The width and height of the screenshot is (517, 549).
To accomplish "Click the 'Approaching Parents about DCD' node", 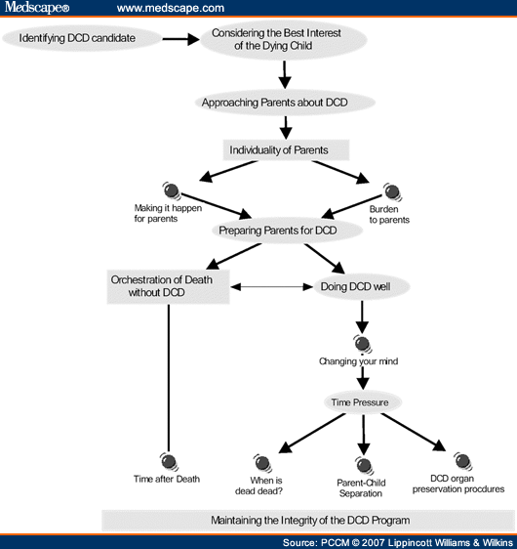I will point(286,102).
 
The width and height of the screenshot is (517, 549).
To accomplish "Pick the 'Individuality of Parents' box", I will point(286,150).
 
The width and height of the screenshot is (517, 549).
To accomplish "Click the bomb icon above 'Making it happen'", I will point(170,190).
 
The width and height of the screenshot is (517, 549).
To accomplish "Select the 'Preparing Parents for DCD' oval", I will point(279,231).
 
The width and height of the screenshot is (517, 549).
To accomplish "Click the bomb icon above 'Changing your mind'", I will point(362,343).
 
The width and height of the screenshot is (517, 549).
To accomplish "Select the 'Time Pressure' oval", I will point(363,401).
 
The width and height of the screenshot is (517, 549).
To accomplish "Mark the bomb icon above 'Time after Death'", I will point(168,460).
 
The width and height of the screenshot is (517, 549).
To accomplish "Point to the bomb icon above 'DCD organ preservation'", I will point(461,460).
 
